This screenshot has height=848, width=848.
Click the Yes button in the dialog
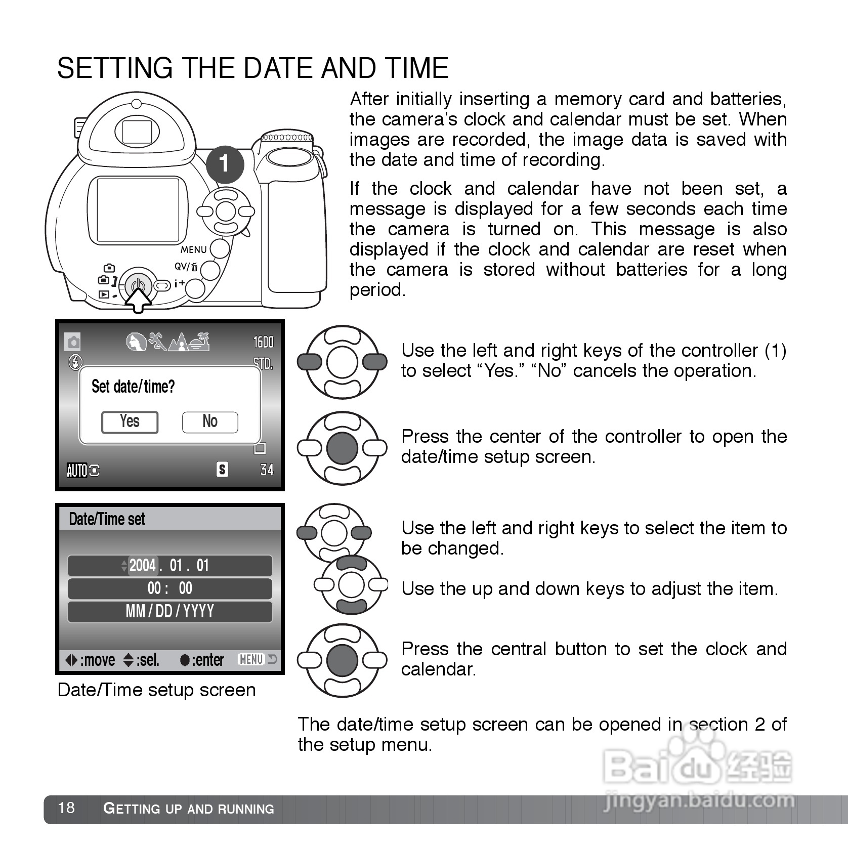tap(130, 421)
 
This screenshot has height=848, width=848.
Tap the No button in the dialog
tap(210, 421)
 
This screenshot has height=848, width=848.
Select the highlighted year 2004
tap(143, 565)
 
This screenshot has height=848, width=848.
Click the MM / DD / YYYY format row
tap(170, 611)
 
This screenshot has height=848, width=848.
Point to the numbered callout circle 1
tap(225, 164)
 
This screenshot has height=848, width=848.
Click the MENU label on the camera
tap(194, 249)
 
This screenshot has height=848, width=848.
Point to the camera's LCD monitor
tap(138, 210)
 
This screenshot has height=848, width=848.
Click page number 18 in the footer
tap(66, 807)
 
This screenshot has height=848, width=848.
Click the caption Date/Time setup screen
tap(156, 690)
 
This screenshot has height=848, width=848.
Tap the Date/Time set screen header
tap(107, 519)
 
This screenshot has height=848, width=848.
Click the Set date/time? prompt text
tap(133, 387)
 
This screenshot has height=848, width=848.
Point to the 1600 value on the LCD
tap(263, 342)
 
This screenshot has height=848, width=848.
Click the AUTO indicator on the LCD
tap(77, 471)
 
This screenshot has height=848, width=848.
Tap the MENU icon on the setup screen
tap(251, 659)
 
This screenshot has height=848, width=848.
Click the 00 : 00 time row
tap(170, 588)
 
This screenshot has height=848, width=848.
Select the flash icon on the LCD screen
tap(75, 362)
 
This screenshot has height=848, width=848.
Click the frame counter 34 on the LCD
tap(267, 470)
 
